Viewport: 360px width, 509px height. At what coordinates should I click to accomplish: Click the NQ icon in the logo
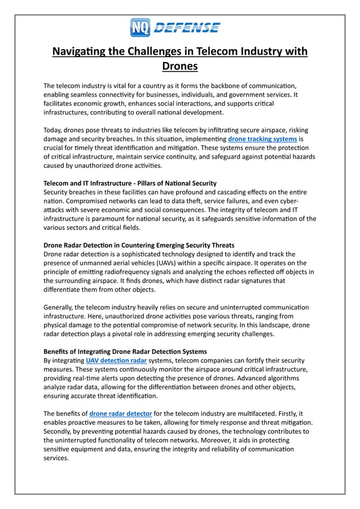tap(139, 27)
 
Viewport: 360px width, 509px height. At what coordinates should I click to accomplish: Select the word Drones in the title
tap(179, 67)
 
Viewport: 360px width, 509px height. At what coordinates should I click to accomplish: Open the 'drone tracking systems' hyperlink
tap(262, 138)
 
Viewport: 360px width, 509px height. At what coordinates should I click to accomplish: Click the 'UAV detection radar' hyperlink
tap(116, 360)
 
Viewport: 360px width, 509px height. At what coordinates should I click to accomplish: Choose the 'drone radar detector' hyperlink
tap(121, 413)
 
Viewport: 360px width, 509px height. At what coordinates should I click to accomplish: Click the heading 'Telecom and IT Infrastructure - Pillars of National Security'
tap(130, 183)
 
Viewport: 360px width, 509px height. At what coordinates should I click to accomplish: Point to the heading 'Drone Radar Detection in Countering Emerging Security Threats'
tap(139, 245)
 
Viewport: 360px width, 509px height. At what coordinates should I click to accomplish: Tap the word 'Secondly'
tap(60, 431)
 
